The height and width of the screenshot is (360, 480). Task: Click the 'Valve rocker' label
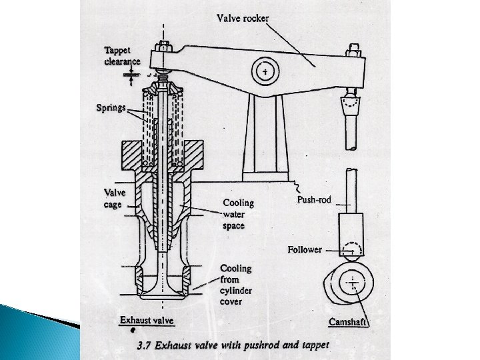pos(243,18)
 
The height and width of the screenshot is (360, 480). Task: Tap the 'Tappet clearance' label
pos(122,55)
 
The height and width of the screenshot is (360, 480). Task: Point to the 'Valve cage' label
pos(114,199)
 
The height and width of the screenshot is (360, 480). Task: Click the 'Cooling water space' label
pos(238,214)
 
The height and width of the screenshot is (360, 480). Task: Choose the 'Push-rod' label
pos(313,199)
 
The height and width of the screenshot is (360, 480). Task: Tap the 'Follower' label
pos(305,250)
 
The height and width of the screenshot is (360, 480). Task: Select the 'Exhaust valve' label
pos(147,321)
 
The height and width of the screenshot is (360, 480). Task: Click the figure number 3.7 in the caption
pos(145,345)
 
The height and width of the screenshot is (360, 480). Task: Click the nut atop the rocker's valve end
pos(162,49)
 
